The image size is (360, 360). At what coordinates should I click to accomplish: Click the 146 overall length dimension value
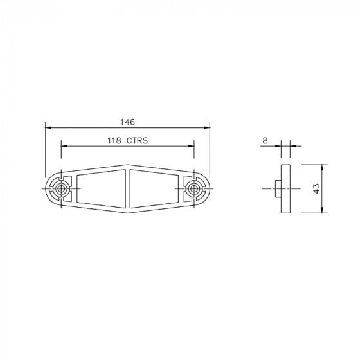(127, 120)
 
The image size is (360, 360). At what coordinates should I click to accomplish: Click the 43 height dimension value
(317, 188)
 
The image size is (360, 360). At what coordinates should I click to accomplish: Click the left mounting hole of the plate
(60, 188)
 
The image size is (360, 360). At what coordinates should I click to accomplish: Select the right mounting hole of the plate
(194, 188)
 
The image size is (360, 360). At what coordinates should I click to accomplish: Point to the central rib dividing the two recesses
(128, 188)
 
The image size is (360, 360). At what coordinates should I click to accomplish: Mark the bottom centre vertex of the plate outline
(128, 212)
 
